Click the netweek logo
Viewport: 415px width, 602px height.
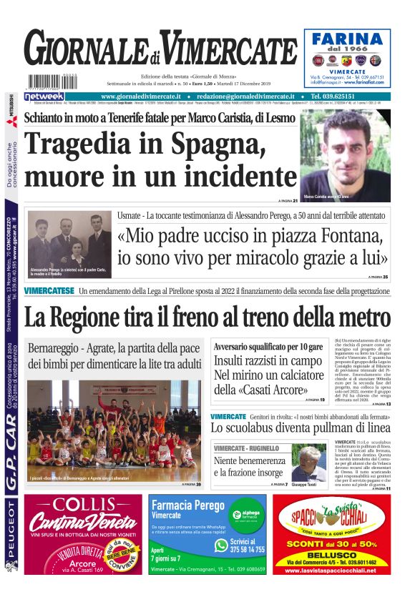(x=44, y=96)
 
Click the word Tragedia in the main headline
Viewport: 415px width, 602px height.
(x=78, y=144)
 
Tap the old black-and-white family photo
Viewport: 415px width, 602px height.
(x=69, y=243)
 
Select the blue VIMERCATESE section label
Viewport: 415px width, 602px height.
(x=49, y=291)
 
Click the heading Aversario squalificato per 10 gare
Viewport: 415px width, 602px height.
(x=268, y=347)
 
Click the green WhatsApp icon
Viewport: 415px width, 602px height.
(x=222, y=545)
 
